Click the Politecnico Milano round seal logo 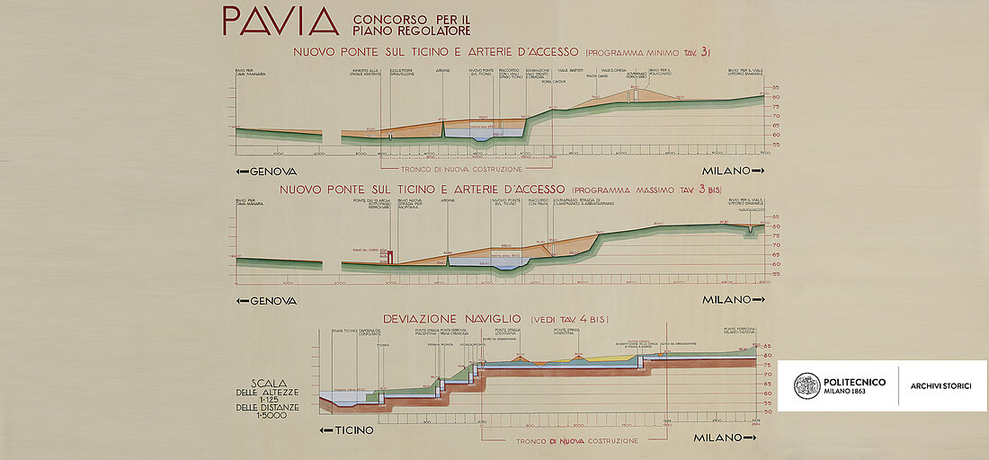pyautogui.click(x=806, y=386)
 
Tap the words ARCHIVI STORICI pyautogui.click(x=946, y=386)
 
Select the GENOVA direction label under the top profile pyautogui.click(x=265, y=171)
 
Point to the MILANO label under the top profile pyautogui.click(x=733, y=171)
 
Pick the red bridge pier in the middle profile pyautogui.click(x=390, y=254)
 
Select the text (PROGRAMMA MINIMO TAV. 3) pyautogui.click(x=662, y=51)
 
